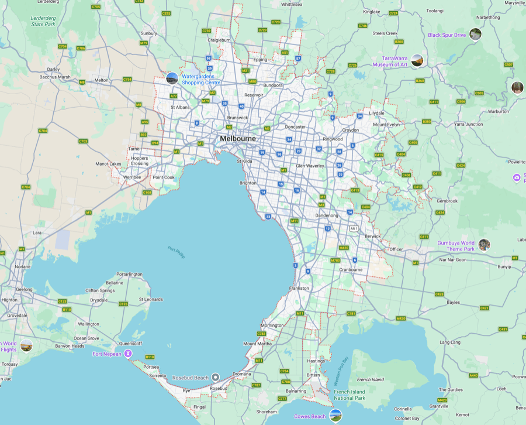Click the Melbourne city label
238,139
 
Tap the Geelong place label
25,289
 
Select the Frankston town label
299,289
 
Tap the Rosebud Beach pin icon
215,378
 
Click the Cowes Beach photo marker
335,416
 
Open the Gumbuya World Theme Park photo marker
484,245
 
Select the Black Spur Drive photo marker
475,35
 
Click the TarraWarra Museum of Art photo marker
417,60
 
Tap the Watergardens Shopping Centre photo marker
172,78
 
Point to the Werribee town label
131,177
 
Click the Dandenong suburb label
326,215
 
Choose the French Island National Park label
349,395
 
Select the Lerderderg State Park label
43,21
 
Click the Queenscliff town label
130,344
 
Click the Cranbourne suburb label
351,270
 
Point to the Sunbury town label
148,33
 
